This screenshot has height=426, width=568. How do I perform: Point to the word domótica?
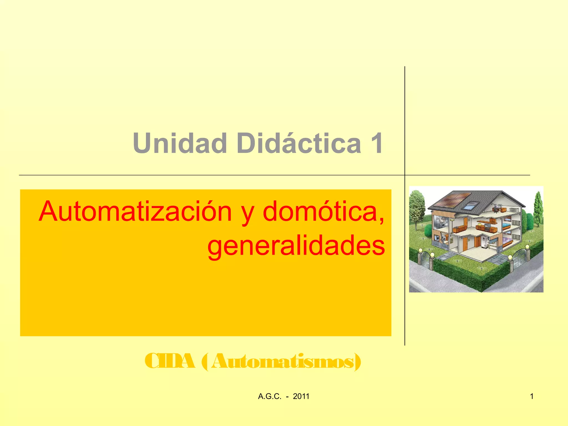(x=323, y=212)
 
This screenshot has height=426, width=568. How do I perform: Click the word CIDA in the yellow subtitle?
(x=170, y=361)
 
